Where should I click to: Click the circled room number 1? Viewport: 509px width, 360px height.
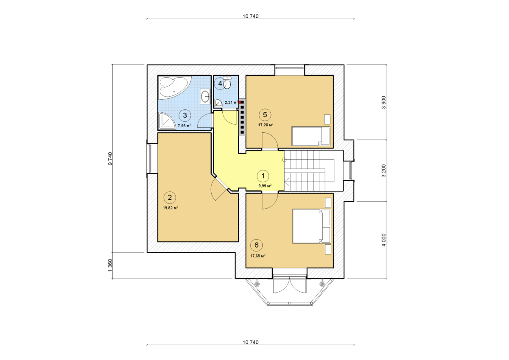coord(263,176)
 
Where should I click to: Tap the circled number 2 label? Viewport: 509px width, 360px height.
coord(170,197)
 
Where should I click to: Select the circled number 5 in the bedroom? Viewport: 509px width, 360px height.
coord(265,115)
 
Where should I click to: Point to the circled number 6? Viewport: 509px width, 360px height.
coord(257,245)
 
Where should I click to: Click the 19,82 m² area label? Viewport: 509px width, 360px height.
coord(171,208)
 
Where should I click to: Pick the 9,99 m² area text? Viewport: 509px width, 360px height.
coord(265,186)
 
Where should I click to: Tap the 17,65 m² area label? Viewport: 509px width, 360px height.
coord(258,256)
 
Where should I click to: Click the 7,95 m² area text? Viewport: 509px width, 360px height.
coord(184,126)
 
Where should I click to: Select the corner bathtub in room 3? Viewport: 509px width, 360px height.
coord(175,88)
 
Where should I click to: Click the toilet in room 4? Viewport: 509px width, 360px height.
coord(227,83)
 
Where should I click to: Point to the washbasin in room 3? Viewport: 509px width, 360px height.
coord(205,97)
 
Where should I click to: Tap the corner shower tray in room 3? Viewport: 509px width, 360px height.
coord(167,121)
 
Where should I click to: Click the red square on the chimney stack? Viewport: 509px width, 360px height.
coord(240,102)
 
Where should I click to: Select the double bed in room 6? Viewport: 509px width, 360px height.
coord(311,226)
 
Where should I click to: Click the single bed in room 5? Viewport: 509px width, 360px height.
coord(311,136)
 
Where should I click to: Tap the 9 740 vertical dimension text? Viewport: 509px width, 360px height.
coord(110,159)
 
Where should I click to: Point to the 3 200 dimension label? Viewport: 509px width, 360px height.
coord(384,171)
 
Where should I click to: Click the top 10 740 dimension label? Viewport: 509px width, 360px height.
coord(251,17)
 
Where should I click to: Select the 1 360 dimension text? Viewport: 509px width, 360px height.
coord(110,265)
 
